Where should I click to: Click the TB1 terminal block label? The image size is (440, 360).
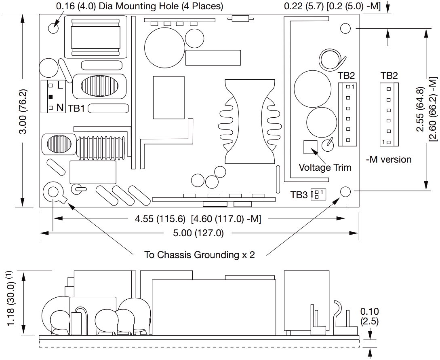click(77, 108)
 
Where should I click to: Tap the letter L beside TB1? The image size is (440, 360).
click(60, 85)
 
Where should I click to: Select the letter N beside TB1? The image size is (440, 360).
click(60, 108)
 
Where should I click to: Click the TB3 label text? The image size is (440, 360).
click(299, 195)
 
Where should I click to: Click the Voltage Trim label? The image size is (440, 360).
click(325, 167)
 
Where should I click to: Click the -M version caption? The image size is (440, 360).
click(388, 159)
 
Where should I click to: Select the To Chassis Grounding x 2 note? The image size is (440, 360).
click(200, 255)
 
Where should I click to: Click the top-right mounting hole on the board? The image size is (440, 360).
click(345, 28)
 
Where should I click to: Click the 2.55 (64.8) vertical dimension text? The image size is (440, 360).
click(421, 109)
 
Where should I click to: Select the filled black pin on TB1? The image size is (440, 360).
click(51, 97)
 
